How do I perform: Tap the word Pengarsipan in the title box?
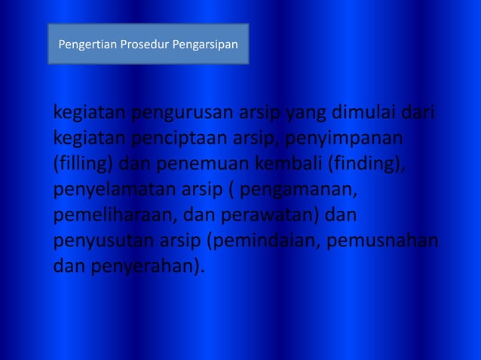[x=205, y=45]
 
